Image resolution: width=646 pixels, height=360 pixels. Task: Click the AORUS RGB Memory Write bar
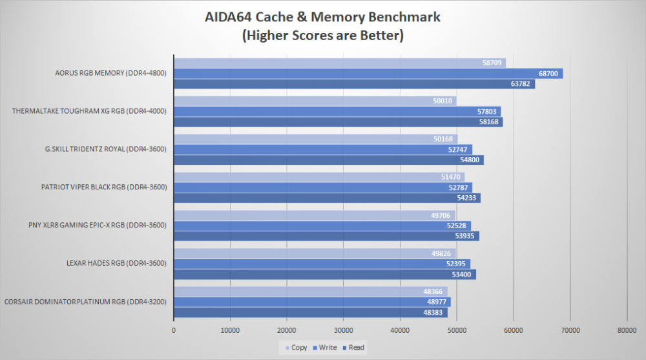click(368, 74)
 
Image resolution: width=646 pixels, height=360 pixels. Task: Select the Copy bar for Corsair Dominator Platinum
click(311, 291)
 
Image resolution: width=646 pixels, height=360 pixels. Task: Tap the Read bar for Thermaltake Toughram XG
click(339, 122)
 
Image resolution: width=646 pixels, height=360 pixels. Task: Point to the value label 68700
click(548, 74)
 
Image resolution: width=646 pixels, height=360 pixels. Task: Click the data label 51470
click(451, 177)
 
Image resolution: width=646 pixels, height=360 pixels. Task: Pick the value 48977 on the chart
click(436, 302)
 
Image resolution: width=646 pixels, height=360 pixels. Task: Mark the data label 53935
click(464, 236)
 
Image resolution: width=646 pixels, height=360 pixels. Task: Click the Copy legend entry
click(297, 348)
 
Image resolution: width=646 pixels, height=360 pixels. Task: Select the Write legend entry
click(325, 348)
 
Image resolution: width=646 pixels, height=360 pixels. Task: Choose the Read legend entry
click(353, 348)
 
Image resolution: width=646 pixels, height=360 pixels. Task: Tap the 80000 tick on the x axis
click(627, 330)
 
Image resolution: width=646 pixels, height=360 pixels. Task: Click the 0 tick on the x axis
click(173, 330)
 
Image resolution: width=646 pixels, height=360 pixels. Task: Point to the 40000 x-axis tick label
click(400, 330)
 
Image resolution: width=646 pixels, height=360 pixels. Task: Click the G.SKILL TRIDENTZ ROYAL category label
click(106, 149)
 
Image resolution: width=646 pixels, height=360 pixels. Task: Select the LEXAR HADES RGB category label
click(116, 263)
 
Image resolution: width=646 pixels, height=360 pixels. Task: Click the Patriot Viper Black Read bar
click(327, 198)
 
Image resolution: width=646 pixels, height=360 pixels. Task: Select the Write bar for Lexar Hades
click(322, 264)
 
